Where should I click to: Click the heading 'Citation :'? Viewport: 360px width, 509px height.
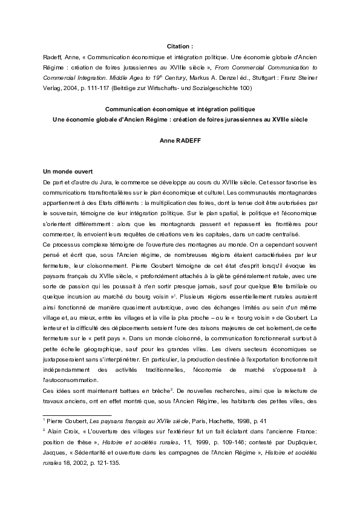[x=180, y=46]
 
